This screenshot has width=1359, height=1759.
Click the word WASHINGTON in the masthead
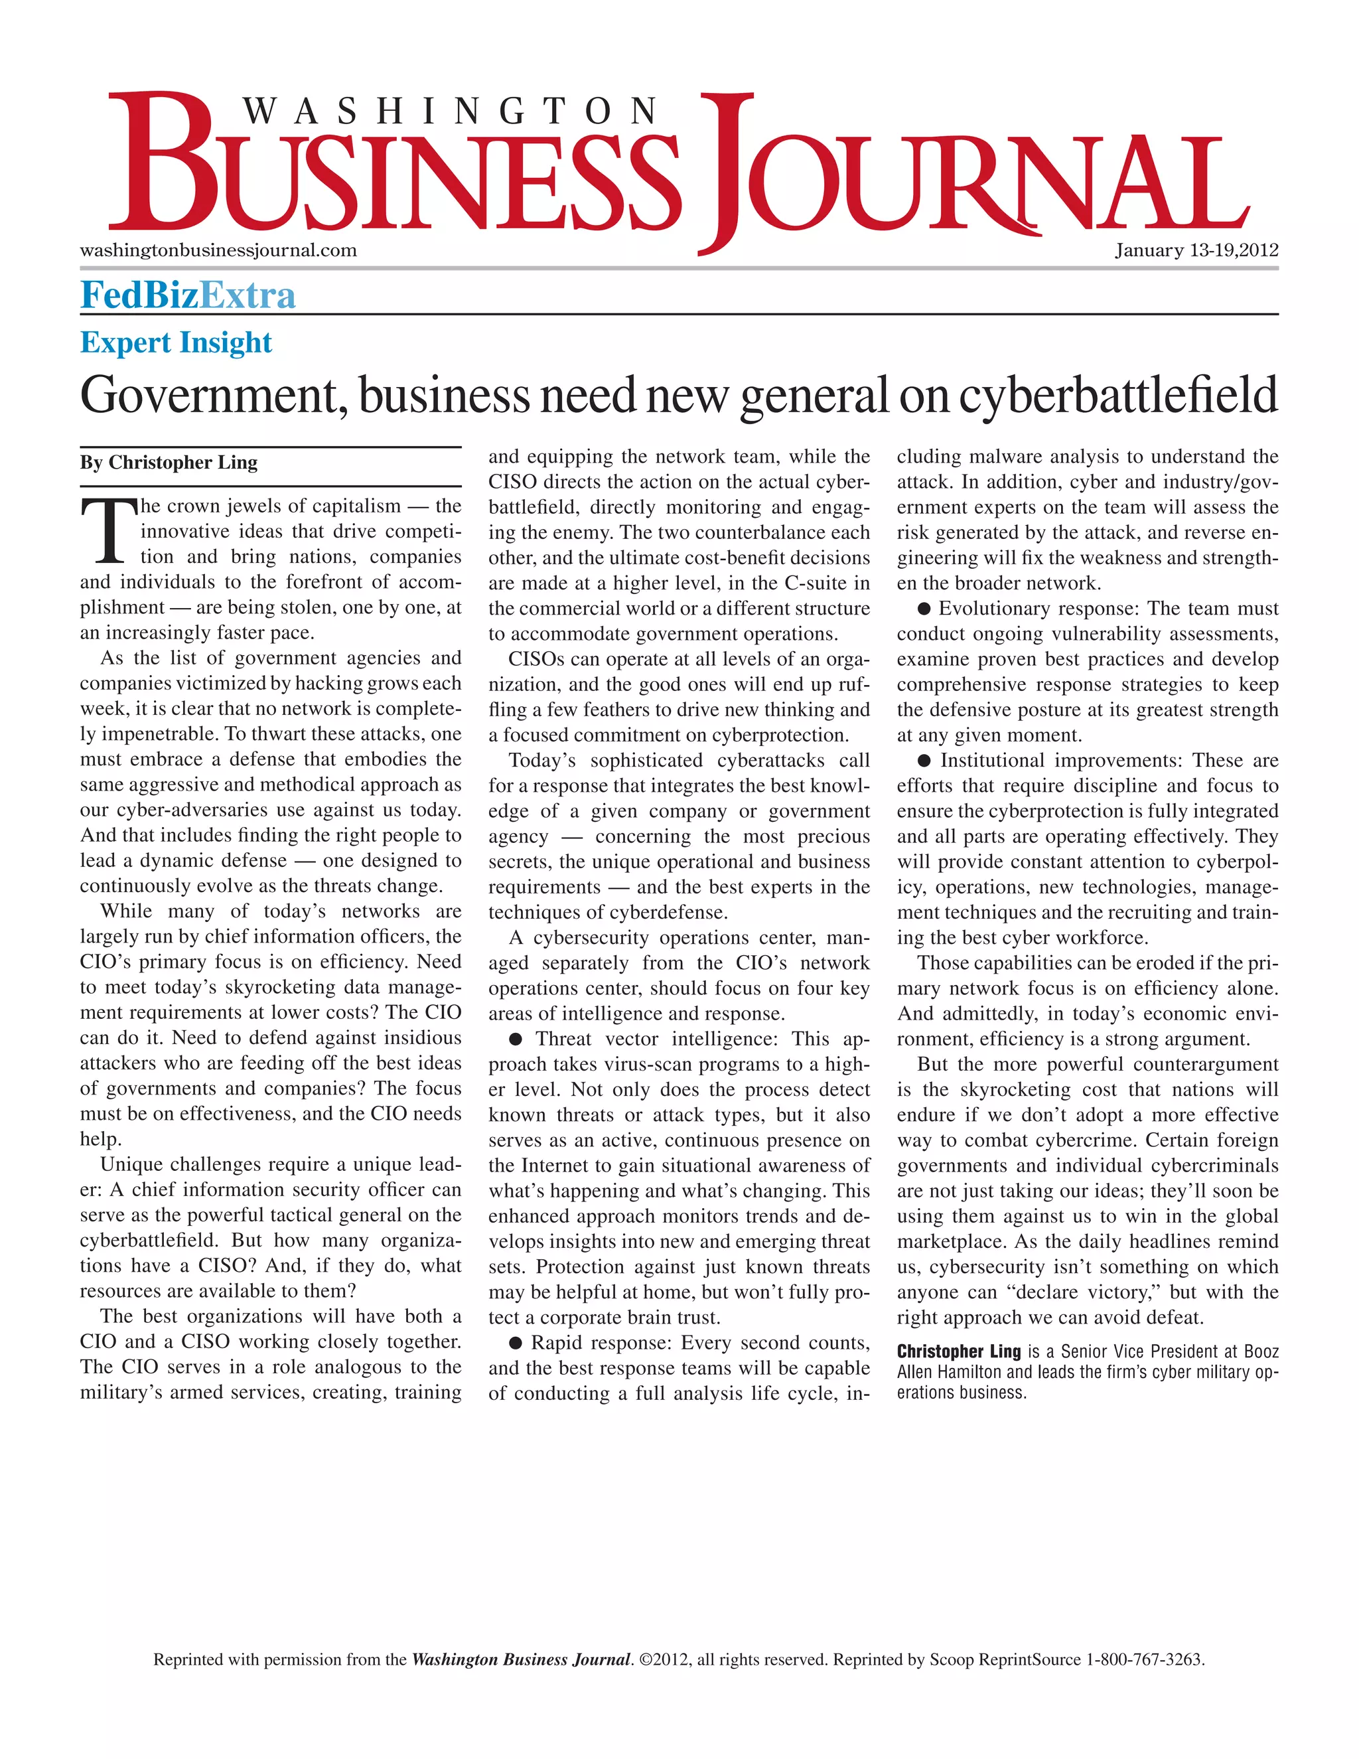tap(451, 111)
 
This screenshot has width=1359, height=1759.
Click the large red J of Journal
tap(726, 169)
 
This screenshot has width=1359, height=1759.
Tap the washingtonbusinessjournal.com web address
tap(218, 250)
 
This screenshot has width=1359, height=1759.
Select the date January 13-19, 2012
tap(1196, 250)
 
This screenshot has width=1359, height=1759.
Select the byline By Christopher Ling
tap(169, 462)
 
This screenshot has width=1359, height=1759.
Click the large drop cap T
tap(109, 532)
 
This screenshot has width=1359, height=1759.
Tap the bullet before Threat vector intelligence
tap(516, 1039)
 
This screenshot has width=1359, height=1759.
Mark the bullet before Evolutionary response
tap(924, 608)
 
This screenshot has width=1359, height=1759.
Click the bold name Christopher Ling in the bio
tap(958, 1351)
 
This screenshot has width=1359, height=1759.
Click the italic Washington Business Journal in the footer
tap(521, 1660)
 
